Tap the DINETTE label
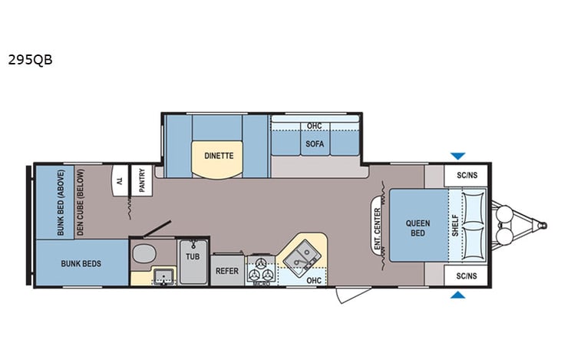[218, 155]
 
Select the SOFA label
[313, 143]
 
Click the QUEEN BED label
[417, 228]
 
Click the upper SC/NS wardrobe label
[467, 176]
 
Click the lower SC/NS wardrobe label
[467, 276]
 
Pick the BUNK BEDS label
[81, 263]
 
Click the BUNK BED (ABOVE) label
[62, 202]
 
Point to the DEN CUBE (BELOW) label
[79, 202]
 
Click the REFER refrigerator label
[226, 271]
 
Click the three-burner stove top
[261, 269]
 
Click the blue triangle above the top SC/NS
[457, 156]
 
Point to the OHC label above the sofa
[313, 125]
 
